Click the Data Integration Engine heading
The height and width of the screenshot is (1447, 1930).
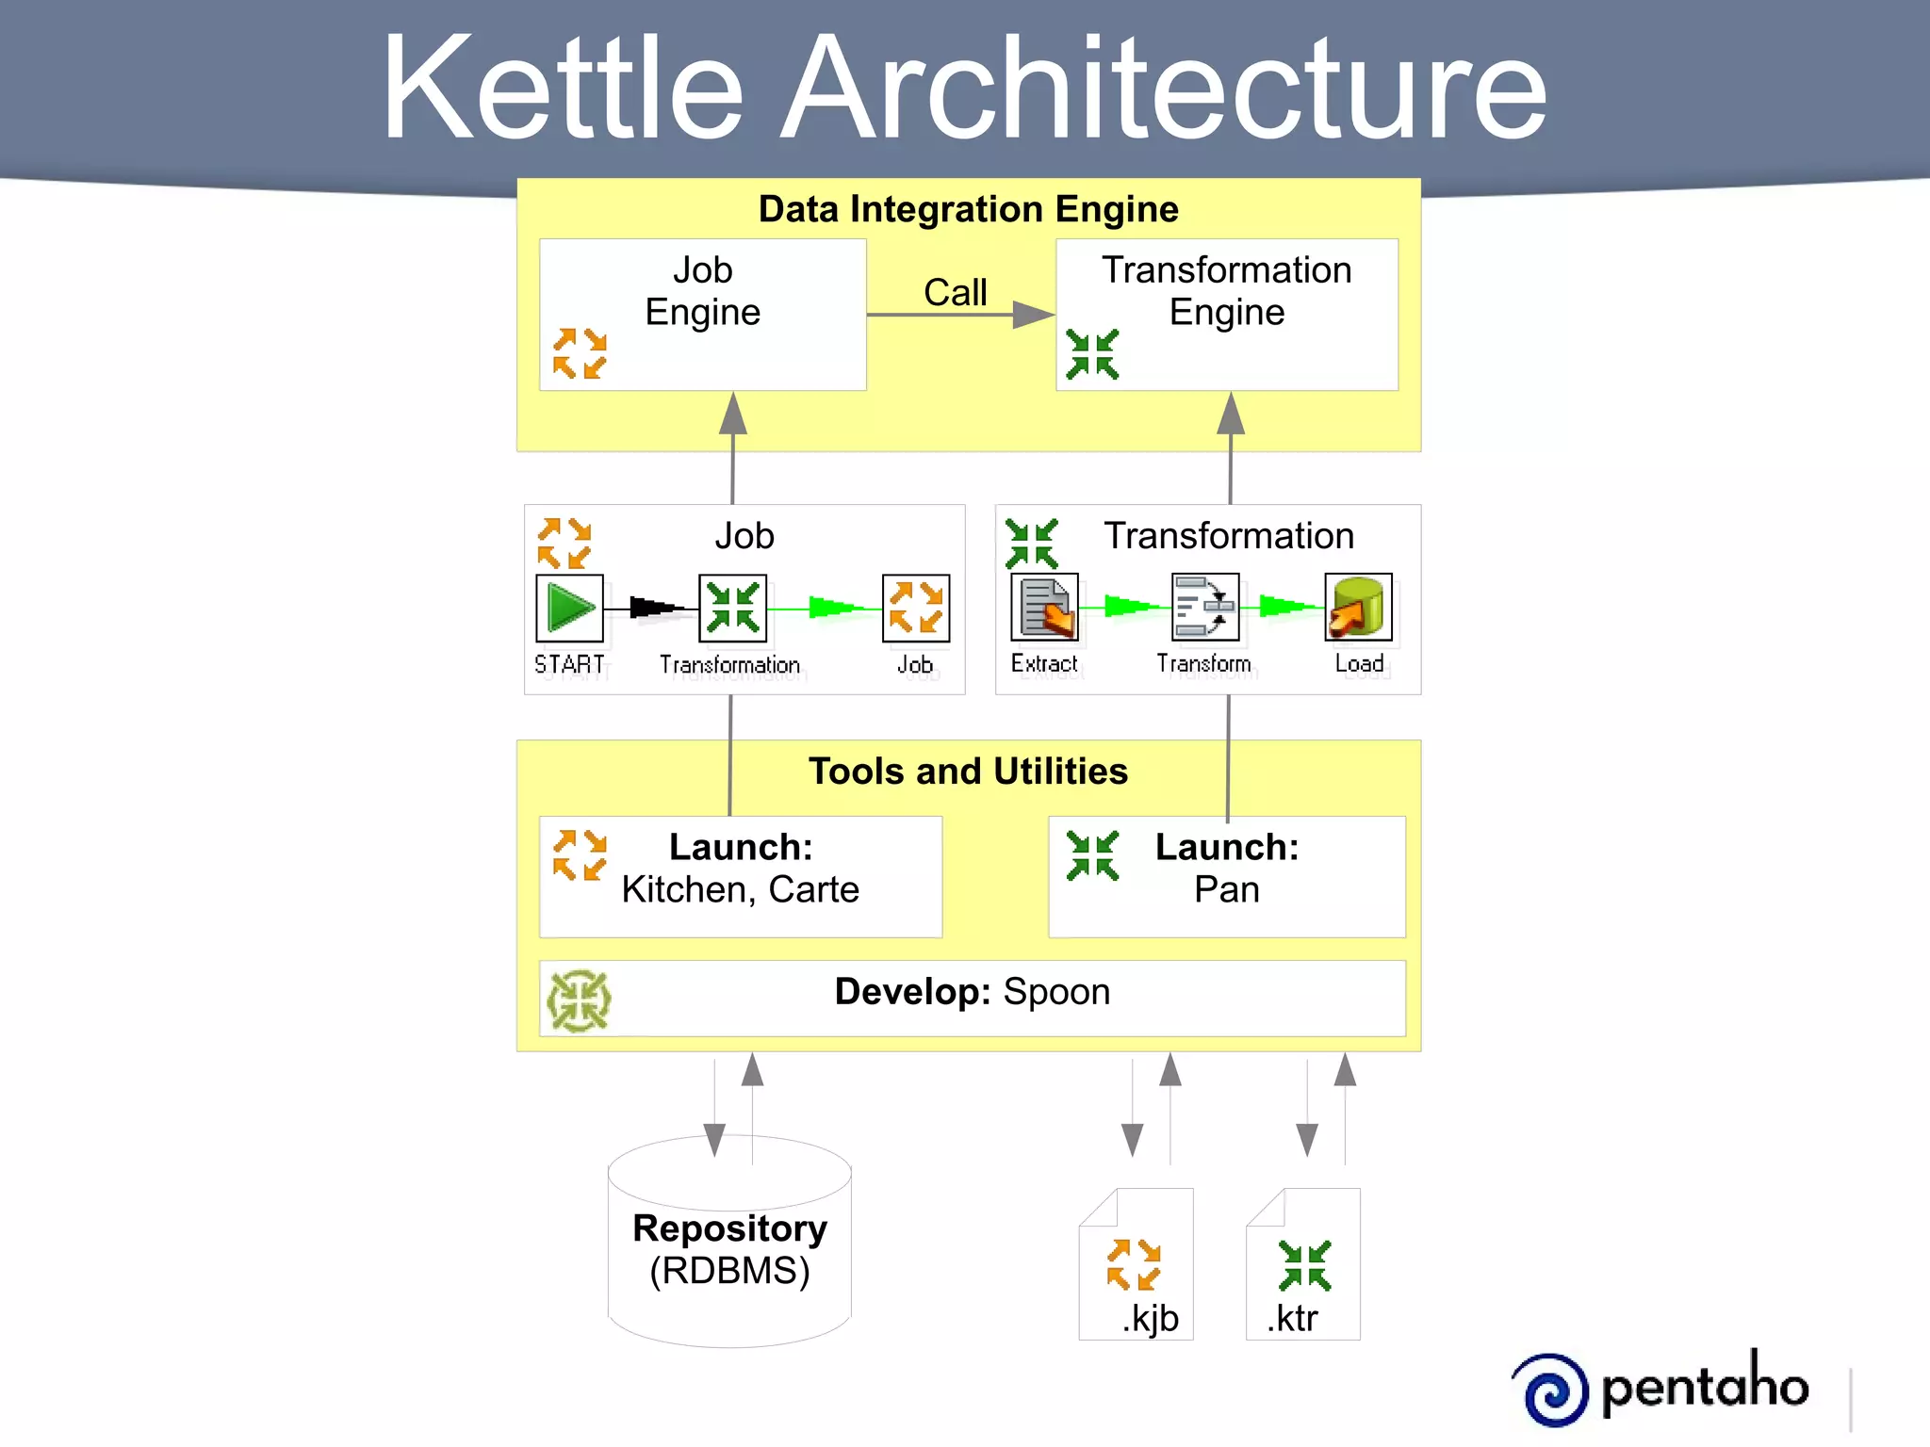(968, 209)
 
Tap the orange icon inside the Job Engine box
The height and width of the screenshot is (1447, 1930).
(580, 353)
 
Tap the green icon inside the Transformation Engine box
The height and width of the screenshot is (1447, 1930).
(1092, 354)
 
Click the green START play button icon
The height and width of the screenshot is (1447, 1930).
(569, 608)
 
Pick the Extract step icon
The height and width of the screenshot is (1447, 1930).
(1044, 608)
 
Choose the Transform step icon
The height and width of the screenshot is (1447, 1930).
(1204, 608)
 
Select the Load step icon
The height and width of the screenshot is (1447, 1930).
(1358, 608)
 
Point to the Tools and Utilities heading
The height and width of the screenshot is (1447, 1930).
(968, 772)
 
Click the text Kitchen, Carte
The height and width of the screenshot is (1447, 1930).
(740, 889)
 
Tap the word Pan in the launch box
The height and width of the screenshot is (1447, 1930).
(1226, 889)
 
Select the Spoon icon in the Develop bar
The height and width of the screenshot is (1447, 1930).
(579, 1000)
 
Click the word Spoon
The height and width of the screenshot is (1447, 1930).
(1056, 992)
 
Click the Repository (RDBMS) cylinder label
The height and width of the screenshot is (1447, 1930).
(729, 1249)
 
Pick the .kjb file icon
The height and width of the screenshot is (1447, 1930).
(1136, 1264)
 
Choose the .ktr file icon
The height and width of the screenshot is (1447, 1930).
(1303, 1264)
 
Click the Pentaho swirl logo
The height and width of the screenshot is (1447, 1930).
(1555, 1390)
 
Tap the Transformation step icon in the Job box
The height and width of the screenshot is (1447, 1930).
(732, 608)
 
